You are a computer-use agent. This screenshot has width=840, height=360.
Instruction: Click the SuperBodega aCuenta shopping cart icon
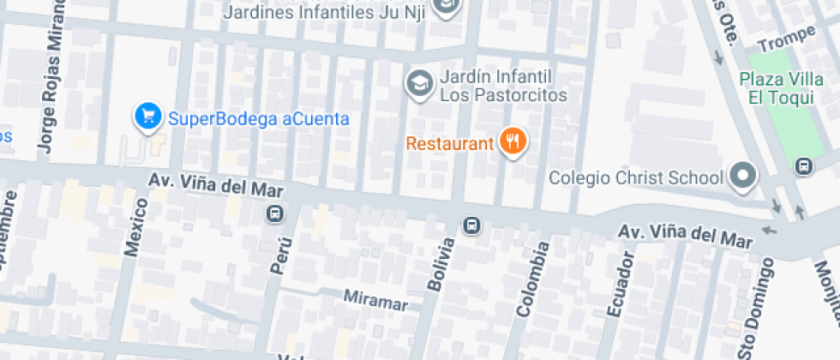point(148,117)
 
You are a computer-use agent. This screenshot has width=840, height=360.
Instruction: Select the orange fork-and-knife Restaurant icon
point(513,141)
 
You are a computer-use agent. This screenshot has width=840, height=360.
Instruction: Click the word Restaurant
point(449,143)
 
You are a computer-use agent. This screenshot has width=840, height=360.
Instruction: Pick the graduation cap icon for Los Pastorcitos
point(419,84)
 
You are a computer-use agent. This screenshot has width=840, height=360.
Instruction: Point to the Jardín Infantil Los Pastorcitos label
point(503,86)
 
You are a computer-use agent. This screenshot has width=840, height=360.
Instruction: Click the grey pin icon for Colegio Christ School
point(742,177)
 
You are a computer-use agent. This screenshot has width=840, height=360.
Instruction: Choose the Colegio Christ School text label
point(635,178)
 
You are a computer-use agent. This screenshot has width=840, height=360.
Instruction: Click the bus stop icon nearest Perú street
point(275,213)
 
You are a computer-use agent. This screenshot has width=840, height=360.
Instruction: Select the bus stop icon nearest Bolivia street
point(471,226)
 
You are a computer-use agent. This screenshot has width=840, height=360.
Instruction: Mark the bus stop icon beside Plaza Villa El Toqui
point(803,165)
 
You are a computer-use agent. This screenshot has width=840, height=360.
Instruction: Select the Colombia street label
point(531,279)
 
